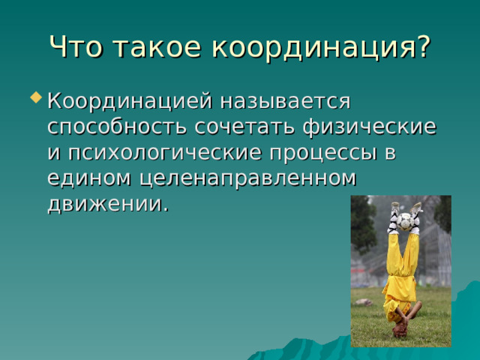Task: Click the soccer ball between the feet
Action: coord(406,221)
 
